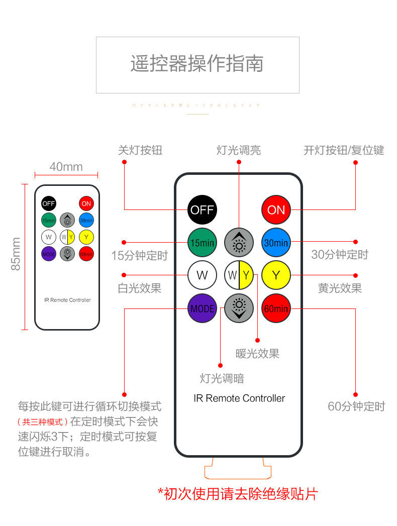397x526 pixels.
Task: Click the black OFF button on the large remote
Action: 202,209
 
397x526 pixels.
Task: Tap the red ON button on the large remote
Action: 276,209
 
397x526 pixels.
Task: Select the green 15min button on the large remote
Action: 202,243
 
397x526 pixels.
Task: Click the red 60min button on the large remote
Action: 276,308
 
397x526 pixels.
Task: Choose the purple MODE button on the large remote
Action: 202,308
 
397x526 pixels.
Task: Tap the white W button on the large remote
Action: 202,275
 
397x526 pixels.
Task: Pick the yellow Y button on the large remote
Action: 276,275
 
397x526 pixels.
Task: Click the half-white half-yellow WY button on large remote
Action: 239,275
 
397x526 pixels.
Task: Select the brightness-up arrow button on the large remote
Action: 239,243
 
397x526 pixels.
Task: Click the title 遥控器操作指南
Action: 197,64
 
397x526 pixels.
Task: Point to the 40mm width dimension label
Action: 66,166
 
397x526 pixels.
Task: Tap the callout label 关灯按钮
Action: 140,150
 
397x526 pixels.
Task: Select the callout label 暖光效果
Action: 257,354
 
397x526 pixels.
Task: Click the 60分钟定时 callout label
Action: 356,406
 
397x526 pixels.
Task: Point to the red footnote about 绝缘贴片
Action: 238,494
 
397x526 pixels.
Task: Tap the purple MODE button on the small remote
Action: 49,254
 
